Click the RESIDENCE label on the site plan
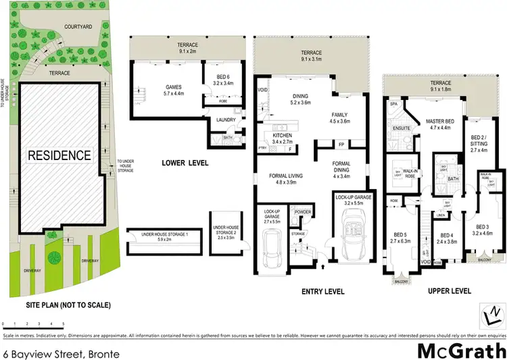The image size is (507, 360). click(x=59, y=155)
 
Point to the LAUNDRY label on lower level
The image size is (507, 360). click(x=226, y=120)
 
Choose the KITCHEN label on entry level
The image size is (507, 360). click(x=281, y=138)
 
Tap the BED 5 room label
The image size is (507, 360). click(x=398, y=235)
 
